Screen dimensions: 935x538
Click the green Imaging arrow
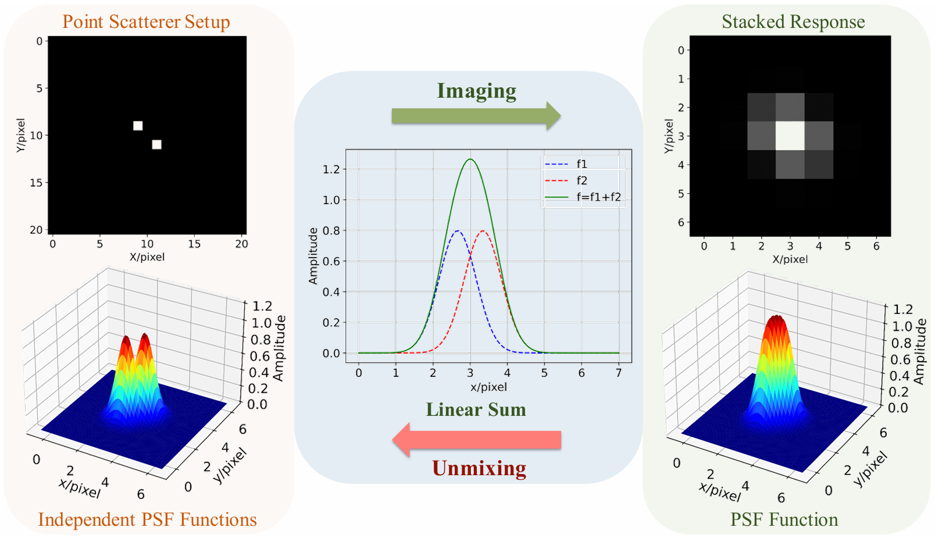point(476,116)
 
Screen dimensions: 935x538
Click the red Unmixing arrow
point(476,440)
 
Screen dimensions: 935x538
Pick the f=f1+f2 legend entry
point(583,197)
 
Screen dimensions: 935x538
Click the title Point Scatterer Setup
point(146,22)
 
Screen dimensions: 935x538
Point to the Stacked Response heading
point(793,22)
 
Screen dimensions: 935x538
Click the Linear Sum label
point(476,409)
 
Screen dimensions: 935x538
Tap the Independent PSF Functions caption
point(147,519)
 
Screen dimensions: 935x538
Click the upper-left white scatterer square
point(138,126)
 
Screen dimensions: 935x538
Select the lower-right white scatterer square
point(156,144)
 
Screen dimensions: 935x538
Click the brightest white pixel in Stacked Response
point(790,136)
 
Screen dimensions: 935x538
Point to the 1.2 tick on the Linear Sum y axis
point(331,169)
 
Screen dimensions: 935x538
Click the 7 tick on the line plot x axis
point(619,373)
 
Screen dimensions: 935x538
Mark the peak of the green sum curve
point(470,159)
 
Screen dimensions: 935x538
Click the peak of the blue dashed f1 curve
point(458,231)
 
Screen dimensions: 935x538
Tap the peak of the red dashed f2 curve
point(483,231)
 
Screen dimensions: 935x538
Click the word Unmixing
point(479,468)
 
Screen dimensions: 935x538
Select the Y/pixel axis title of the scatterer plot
point(21,136)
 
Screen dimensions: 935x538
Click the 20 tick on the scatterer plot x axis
point(242,244)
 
